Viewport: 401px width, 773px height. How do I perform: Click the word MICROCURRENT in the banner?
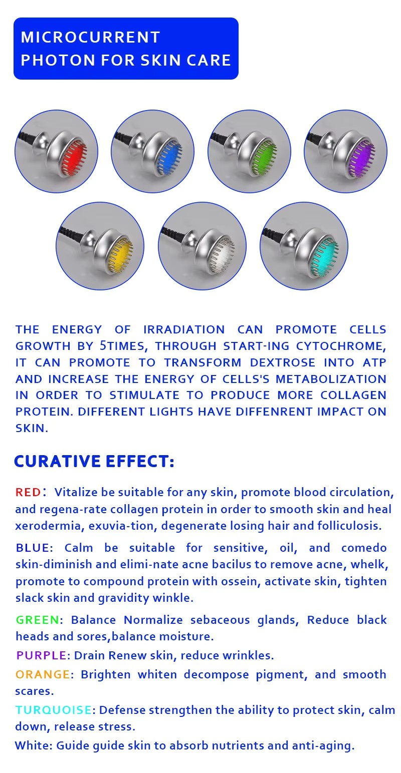tap(91, 37)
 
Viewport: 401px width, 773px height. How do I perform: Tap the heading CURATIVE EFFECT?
tap(94, 462)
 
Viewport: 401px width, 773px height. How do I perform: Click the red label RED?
tap(28, 492)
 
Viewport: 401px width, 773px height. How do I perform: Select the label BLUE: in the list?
tap(34, 548)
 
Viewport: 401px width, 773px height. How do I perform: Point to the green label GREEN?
tap(38, 620)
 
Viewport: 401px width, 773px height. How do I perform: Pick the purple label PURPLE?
tap(42, 655)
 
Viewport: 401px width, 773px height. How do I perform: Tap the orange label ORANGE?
tap(43, 674)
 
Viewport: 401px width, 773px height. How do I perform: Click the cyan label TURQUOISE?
tap(54, 710)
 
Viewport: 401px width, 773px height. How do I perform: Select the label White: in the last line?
tap(34, 745)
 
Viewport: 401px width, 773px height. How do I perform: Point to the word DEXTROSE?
tap(283, 362)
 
